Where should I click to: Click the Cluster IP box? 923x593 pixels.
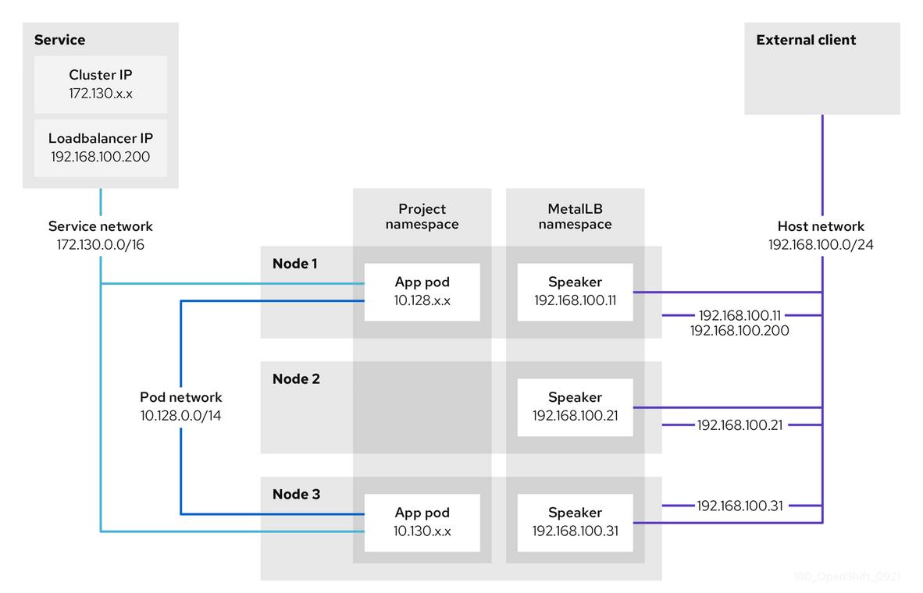click(101, 84)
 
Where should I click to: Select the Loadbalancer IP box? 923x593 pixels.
click(101, 147)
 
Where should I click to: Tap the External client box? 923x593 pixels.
click(821, 69)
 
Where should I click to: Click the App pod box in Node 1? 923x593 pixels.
click(422, 291)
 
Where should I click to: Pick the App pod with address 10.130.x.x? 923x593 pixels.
click(422, 522)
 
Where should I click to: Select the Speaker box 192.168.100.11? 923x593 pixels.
click(575, 291)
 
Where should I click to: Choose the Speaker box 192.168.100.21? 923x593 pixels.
click(575, 407)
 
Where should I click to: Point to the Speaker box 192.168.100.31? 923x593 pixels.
click(575, 522)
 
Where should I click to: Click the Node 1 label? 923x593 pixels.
click(294, 264)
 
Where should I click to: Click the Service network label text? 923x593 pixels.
click(101, 226)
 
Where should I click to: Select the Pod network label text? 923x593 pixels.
click(181, 397)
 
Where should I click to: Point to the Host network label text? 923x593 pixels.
click(821, 226)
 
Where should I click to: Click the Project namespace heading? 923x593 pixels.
click(422, 216)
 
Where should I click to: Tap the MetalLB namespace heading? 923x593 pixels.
click(575, 216)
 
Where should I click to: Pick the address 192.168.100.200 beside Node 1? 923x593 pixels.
click(739, 331)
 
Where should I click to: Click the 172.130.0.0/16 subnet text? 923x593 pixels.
click(101, 244)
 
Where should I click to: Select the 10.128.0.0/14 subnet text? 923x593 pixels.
click(181, 415)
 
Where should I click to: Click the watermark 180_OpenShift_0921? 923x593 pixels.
click(846, 577)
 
